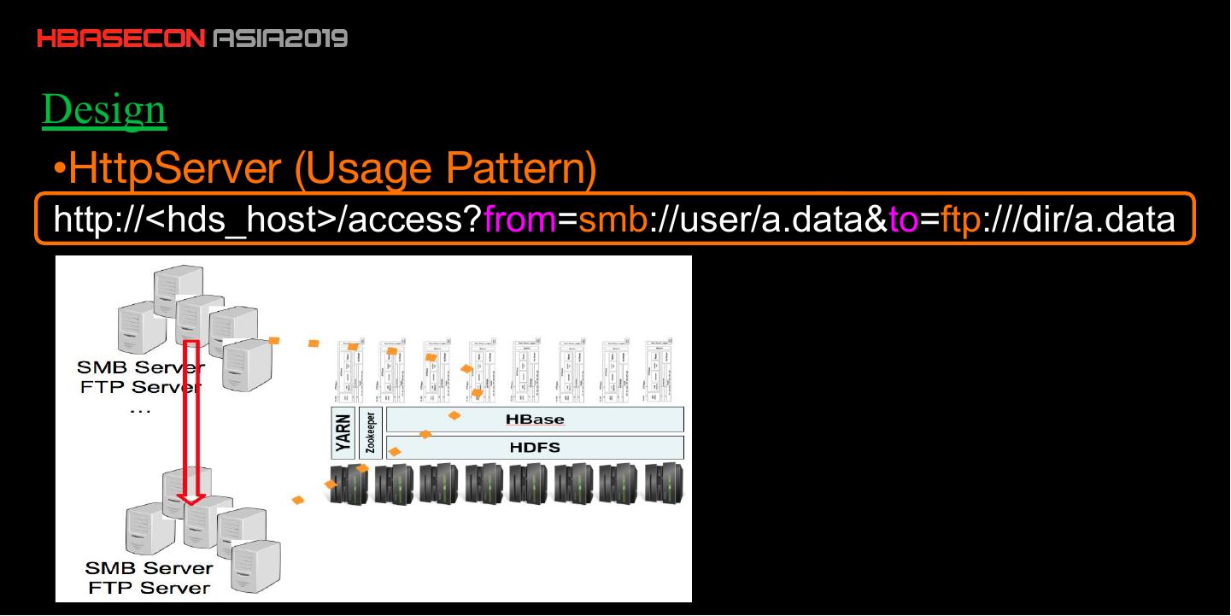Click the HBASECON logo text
coord(120,38)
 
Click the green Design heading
coord(103,110)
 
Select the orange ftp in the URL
coord(959,220)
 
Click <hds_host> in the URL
coord(242,220)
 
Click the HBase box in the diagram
coord(535,419)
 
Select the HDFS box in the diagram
coord(535,447)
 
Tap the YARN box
coord(344,434)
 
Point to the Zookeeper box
coord(371,434)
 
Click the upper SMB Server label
coord(140,367)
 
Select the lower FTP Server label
coord(149,588)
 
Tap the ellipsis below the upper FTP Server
coord(139,409)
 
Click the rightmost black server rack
coord(663,484)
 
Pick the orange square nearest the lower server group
coord(298,500)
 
